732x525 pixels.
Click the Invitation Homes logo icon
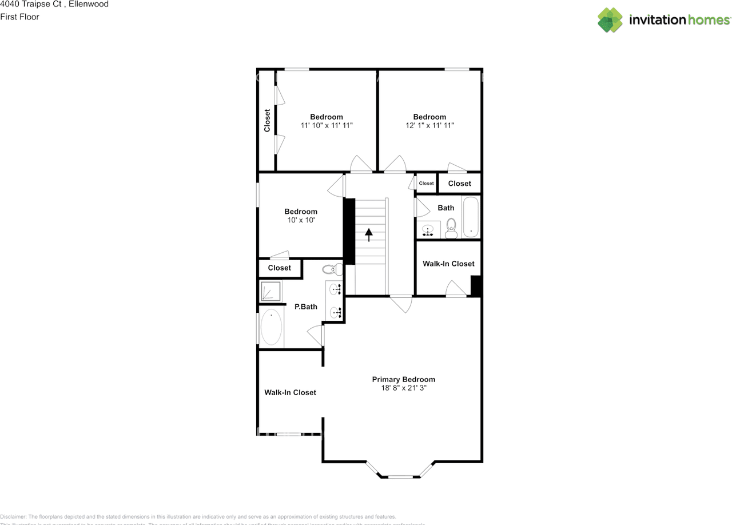pyautogui.click(x=610, y=20)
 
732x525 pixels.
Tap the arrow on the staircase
pyautogui.click(x=369, y=234)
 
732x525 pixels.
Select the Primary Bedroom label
pyautogui.click(x=403, y=379)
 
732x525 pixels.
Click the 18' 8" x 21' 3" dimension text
pyautogui.click(x=404, y=388)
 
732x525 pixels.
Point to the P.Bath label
pyautogui.click(x=305, y=307)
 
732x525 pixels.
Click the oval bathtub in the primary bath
pyautogui.click(x=271, y=327)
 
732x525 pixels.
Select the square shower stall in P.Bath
pyautogui.click(x=270, y=291)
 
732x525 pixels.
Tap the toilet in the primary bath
pyautogui.click(x=331, y=269)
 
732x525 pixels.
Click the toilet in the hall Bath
pyautogui.click(x=451, y=228)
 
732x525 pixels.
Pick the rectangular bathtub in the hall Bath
pyautogui.click(x=471, y=217)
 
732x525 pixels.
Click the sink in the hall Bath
pyautogui.click(x=428, y=230)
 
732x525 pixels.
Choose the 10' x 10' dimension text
pyautogui.click(x=301, y=220)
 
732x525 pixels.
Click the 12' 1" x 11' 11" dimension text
pyautogui.click(x=429, y=125)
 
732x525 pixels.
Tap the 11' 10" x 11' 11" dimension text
pyautogui.click(x=327, y=125)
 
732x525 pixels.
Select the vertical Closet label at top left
pyautogui.click(x=267, y=121)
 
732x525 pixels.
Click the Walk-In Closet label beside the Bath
pyautogui.click(x=448, y=264)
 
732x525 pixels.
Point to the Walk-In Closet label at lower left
pyautogui.click(x=290, y=392)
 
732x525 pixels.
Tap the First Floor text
pyautogui.click(x=20, y=17)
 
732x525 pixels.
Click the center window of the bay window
pyautogui.click(x=400, y=476)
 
